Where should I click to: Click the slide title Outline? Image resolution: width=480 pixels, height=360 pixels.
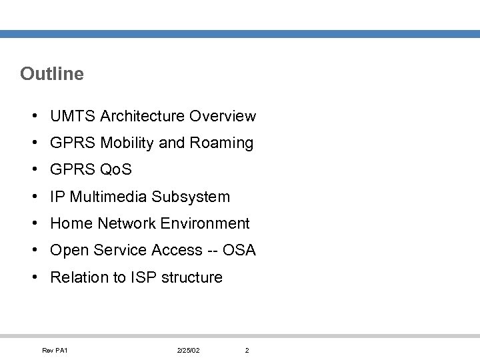point(52,73)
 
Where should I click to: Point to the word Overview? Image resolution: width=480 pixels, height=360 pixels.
point(222,116)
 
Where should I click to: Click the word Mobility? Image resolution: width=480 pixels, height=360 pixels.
point(129,143)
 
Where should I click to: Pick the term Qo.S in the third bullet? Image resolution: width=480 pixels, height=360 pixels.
point(115,170)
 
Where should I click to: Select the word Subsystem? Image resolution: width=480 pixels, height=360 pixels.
point(191,197)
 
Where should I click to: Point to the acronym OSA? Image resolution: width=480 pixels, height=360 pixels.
point(239,250)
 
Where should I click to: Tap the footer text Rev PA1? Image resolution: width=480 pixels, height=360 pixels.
point(55,351)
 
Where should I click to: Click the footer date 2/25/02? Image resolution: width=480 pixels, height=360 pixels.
point(189,351)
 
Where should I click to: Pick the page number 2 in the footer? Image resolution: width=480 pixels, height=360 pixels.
point(247,351)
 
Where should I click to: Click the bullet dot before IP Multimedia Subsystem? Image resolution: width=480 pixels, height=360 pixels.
point(33,197)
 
